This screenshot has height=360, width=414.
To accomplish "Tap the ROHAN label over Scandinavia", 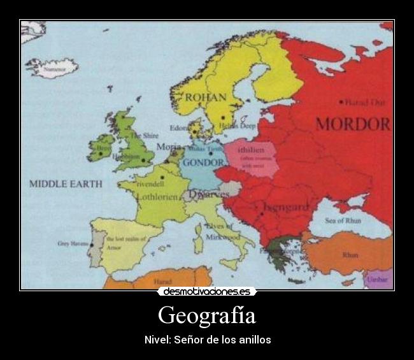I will [x=205, y=97].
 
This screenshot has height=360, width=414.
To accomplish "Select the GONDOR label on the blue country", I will [x=203, y=162].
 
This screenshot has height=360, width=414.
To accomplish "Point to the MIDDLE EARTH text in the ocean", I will [x=65, y=184].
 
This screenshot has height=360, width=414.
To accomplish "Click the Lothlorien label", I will [x=156, y=198].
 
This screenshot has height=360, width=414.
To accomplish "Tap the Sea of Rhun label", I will [x=343, y=220].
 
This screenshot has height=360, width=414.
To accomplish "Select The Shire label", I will [x=144, y=136].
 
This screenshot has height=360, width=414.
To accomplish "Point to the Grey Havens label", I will [x=71, y=243].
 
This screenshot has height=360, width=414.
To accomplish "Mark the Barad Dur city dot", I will [x=343, y=102].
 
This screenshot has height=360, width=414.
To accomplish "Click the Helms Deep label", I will [x=238, y=126].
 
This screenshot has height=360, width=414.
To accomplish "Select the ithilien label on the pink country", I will [x=246, y=150].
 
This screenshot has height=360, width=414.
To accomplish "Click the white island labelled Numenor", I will [x=53, y=66].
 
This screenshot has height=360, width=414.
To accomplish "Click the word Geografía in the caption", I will [x=207, y=315].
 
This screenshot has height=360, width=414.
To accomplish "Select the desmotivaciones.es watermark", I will [x=207, y=292].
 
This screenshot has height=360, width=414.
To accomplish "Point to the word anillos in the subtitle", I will [x=253, y=340].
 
